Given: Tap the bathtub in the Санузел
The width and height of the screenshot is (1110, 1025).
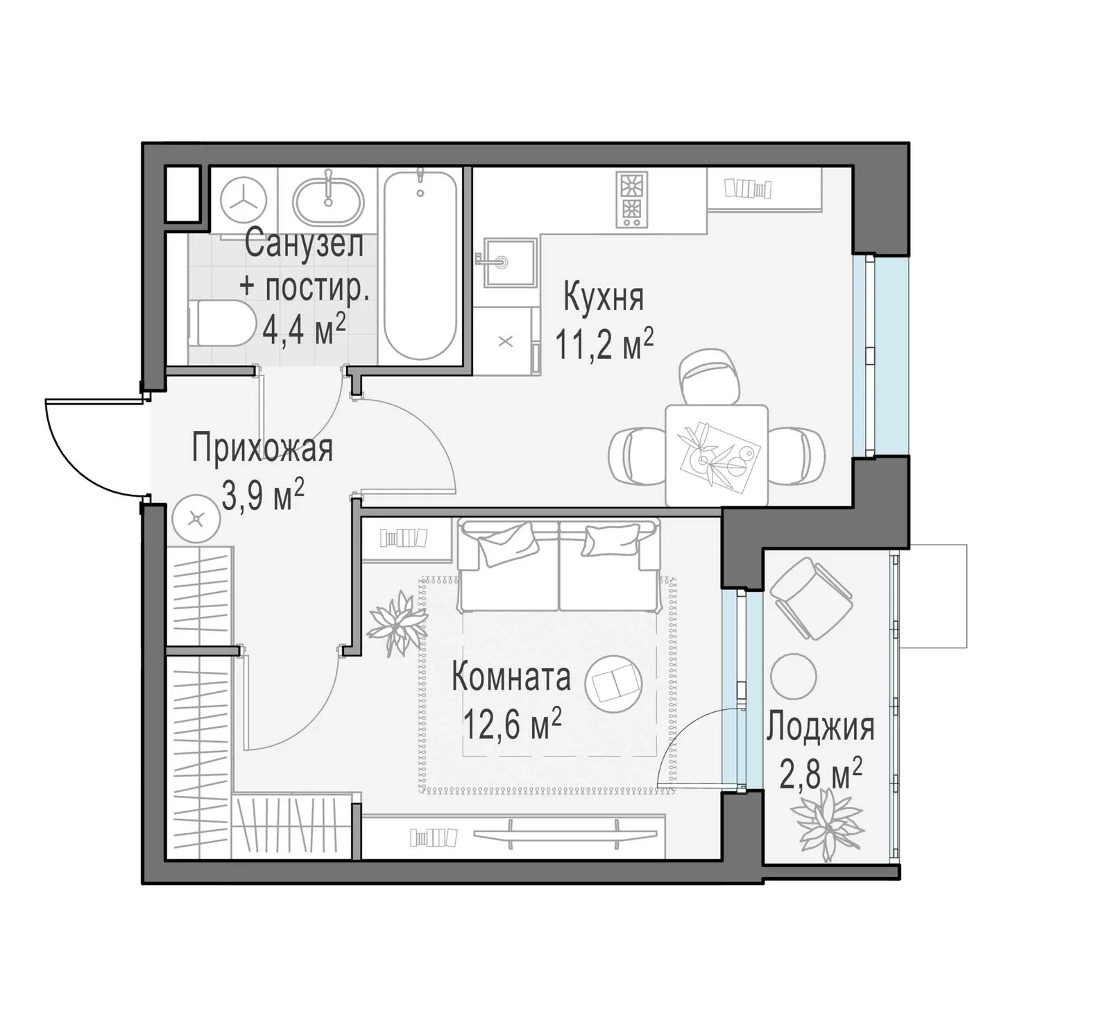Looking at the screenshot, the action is coord(420,264).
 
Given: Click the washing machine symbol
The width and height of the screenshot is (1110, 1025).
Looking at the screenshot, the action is coord(244,200).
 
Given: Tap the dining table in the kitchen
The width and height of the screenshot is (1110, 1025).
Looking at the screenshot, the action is coord(717,455).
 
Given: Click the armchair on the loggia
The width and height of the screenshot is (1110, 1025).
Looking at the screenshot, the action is coord(810,598).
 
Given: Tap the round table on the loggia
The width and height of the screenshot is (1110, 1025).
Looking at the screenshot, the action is coord(794,676).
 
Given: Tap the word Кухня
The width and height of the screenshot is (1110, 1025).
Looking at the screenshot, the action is coord(604,297).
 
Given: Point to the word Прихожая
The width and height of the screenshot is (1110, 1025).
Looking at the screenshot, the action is coord(262,448).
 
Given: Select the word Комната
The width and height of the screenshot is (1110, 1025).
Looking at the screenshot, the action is coord(511,677).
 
